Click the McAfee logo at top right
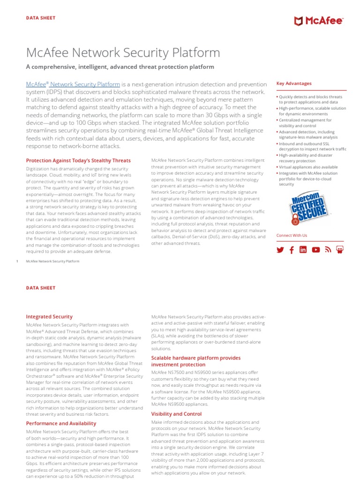click(318, 21)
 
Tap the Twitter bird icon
click(280, 250)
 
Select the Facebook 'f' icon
click(292, 250)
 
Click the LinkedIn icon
click(303, 250)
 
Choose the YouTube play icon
click(315, 250)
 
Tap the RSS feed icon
click(328, 250)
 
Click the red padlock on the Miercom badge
click(296, 219)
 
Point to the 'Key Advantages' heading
click(294, 83)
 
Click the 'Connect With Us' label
click(292, 235)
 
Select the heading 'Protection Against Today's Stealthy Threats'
click(78, 160)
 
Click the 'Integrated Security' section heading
click(49, 317)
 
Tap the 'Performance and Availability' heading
click(61, 423)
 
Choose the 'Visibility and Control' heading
click(176, 414)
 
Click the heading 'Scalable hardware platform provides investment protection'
click(195, 361)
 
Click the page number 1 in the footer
click(17, 261)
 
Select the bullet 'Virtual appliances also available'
click(308, 167)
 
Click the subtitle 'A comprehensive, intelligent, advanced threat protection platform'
click(120, 67)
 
